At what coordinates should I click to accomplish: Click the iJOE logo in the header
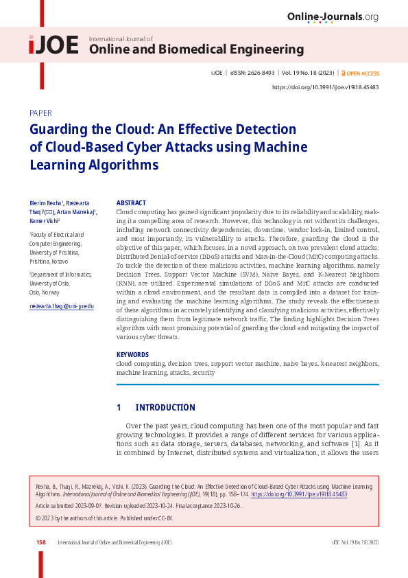tap(53, 45)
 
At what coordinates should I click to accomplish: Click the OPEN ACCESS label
tap(363, 73)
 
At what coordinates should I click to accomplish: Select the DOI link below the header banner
tap(326, 87)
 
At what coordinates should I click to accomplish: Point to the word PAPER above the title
tap(40, 113)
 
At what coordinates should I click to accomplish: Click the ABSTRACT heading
tap(131, 203)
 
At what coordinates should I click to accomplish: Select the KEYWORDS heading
tap(132, 355)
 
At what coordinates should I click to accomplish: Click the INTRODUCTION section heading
tap(165, 408)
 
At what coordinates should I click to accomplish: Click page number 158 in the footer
tap(41, 542)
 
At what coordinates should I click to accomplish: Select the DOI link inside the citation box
tap(299, 494)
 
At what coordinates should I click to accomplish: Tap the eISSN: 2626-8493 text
tap(252, 73)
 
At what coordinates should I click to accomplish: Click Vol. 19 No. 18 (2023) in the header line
tap(308, 73)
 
